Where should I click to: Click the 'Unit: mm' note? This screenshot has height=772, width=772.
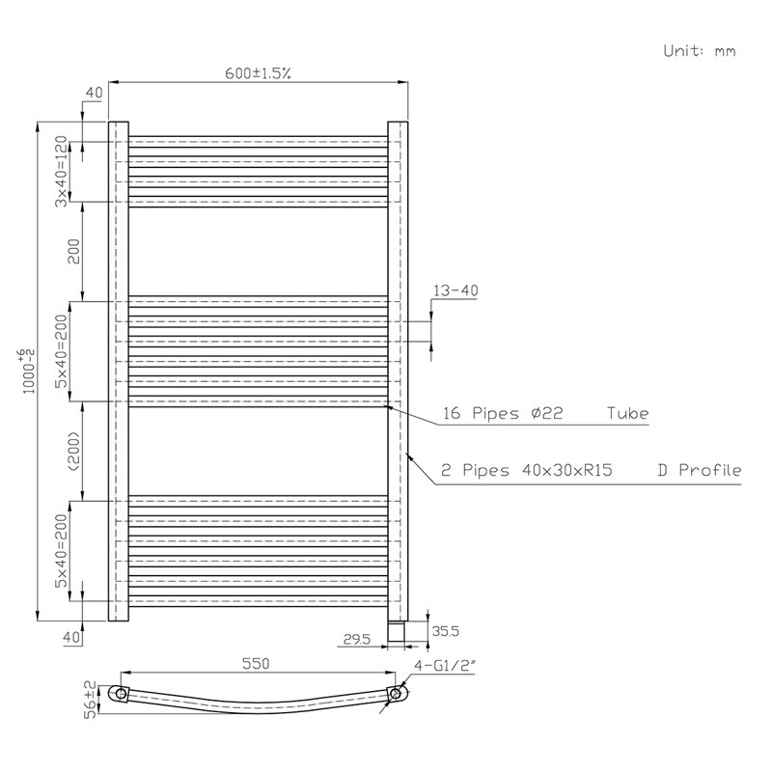click(x=699, y=51)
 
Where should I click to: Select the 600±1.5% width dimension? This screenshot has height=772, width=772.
click(x=258, y=73)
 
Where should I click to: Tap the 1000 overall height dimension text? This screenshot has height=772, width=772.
click(x=29, y=372)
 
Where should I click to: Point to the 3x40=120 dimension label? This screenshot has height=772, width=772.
click(x=60, y=172)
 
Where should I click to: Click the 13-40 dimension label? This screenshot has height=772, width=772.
click(x=455, y=290)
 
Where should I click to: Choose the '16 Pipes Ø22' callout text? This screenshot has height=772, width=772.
click(x=502, y=413)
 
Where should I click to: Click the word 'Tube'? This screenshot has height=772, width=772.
click(x=628, y=413)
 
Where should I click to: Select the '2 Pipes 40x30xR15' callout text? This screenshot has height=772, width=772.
click(x=526, y=470)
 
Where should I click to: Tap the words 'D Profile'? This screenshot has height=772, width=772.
click(x=700, y=470)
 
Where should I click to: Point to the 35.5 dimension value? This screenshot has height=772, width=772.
click(x=445, y=631)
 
